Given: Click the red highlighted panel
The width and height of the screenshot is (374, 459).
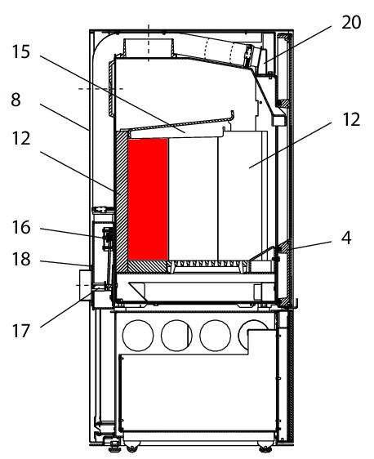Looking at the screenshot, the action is (x=148, y=199).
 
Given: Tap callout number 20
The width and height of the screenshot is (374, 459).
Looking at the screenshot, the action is (x=351, y=23).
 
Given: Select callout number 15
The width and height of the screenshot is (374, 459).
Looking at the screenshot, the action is (x=21, y=51).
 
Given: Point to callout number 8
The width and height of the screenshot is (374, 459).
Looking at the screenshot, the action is (x=16, y=100).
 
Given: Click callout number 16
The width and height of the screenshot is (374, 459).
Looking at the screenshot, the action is (x=21, y=227).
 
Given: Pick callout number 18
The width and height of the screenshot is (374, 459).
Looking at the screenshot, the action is (x=21, y=259).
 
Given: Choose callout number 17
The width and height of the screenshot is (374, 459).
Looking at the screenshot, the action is (x=21, y=331).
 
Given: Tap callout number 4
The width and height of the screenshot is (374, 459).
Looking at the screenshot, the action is (x=346, y=238).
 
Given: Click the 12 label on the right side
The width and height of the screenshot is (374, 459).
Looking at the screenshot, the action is (x=351, y=119).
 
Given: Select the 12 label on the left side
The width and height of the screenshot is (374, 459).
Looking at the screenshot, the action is (x=21, y=138).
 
